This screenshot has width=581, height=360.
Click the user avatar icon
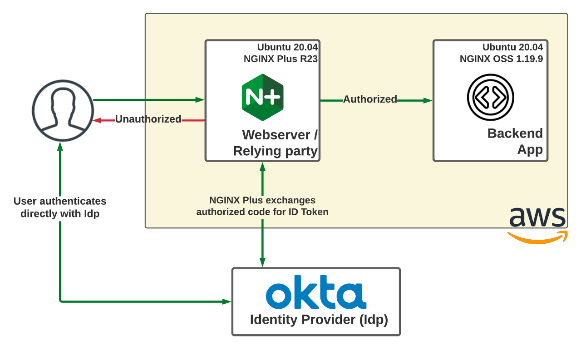click(63, 110)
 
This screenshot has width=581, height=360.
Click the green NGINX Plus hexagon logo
click(262, 97)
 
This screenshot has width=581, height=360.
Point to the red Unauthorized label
click(148, 119)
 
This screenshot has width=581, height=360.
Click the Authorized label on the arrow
click(370, 99)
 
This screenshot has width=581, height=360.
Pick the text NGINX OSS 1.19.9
click(501, 59)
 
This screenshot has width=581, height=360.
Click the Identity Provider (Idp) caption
click(319, 320)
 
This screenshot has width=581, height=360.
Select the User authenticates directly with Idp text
click(60, 207)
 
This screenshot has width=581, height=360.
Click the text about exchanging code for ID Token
click(262, 206)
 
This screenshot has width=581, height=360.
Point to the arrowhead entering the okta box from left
click(227, 301)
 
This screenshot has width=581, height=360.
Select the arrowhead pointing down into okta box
click(262, 262)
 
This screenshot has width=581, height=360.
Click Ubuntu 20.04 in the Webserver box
click(287, 47)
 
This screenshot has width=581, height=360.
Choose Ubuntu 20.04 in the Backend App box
click(512, 47)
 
